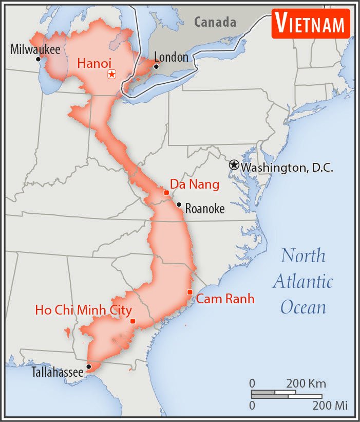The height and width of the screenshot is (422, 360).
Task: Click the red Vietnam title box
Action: point(311,23)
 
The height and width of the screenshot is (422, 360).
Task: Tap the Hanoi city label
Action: point(94,63)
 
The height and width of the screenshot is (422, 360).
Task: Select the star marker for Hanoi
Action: point(111,75)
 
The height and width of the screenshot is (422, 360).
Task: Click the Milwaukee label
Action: point(35,49)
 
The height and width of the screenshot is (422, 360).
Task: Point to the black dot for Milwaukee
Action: point(38,59)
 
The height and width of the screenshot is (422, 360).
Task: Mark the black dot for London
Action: point(156,66)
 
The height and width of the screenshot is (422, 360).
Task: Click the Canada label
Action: point(215,22)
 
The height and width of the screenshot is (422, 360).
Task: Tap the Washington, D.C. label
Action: point(287,168)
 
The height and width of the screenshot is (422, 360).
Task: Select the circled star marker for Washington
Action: point(234,165)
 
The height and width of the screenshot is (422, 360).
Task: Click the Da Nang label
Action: point(195,184)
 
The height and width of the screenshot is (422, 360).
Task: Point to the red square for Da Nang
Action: point(166,192)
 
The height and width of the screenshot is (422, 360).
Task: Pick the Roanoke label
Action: point(204,209)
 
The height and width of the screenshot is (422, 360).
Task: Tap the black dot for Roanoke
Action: point(179,204)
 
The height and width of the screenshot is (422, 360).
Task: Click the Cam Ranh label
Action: point(225,299)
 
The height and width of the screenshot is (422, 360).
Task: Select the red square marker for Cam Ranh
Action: point(190,292)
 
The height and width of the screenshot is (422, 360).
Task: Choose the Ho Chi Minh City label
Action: point(83,310)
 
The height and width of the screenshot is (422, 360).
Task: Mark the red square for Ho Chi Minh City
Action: point(132,321)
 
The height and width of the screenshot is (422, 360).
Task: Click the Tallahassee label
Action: point(58,372)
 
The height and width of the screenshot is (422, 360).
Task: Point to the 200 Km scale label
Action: point(306,383)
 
